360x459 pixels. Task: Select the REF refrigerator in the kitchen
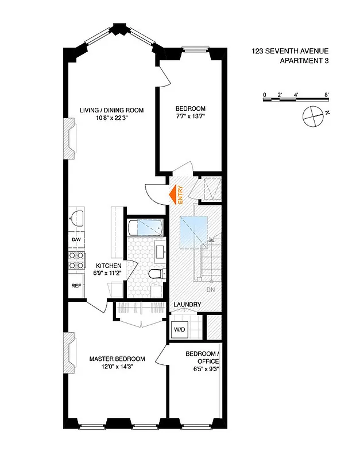pos(76,285)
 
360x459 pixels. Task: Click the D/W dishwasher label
pos(76,239)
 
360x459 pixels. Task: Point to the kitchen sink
pos(76,217)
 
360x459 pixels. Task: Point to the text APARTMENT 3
pos(304,61)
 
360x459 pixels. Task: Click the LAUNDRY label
pos(187,305)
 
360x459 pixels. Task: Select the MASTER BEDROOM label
pos(117,359)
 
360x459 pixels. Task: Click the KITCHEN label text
pos(109,266)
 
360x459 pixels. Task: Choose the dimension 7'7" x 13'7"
pos(190,116)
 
